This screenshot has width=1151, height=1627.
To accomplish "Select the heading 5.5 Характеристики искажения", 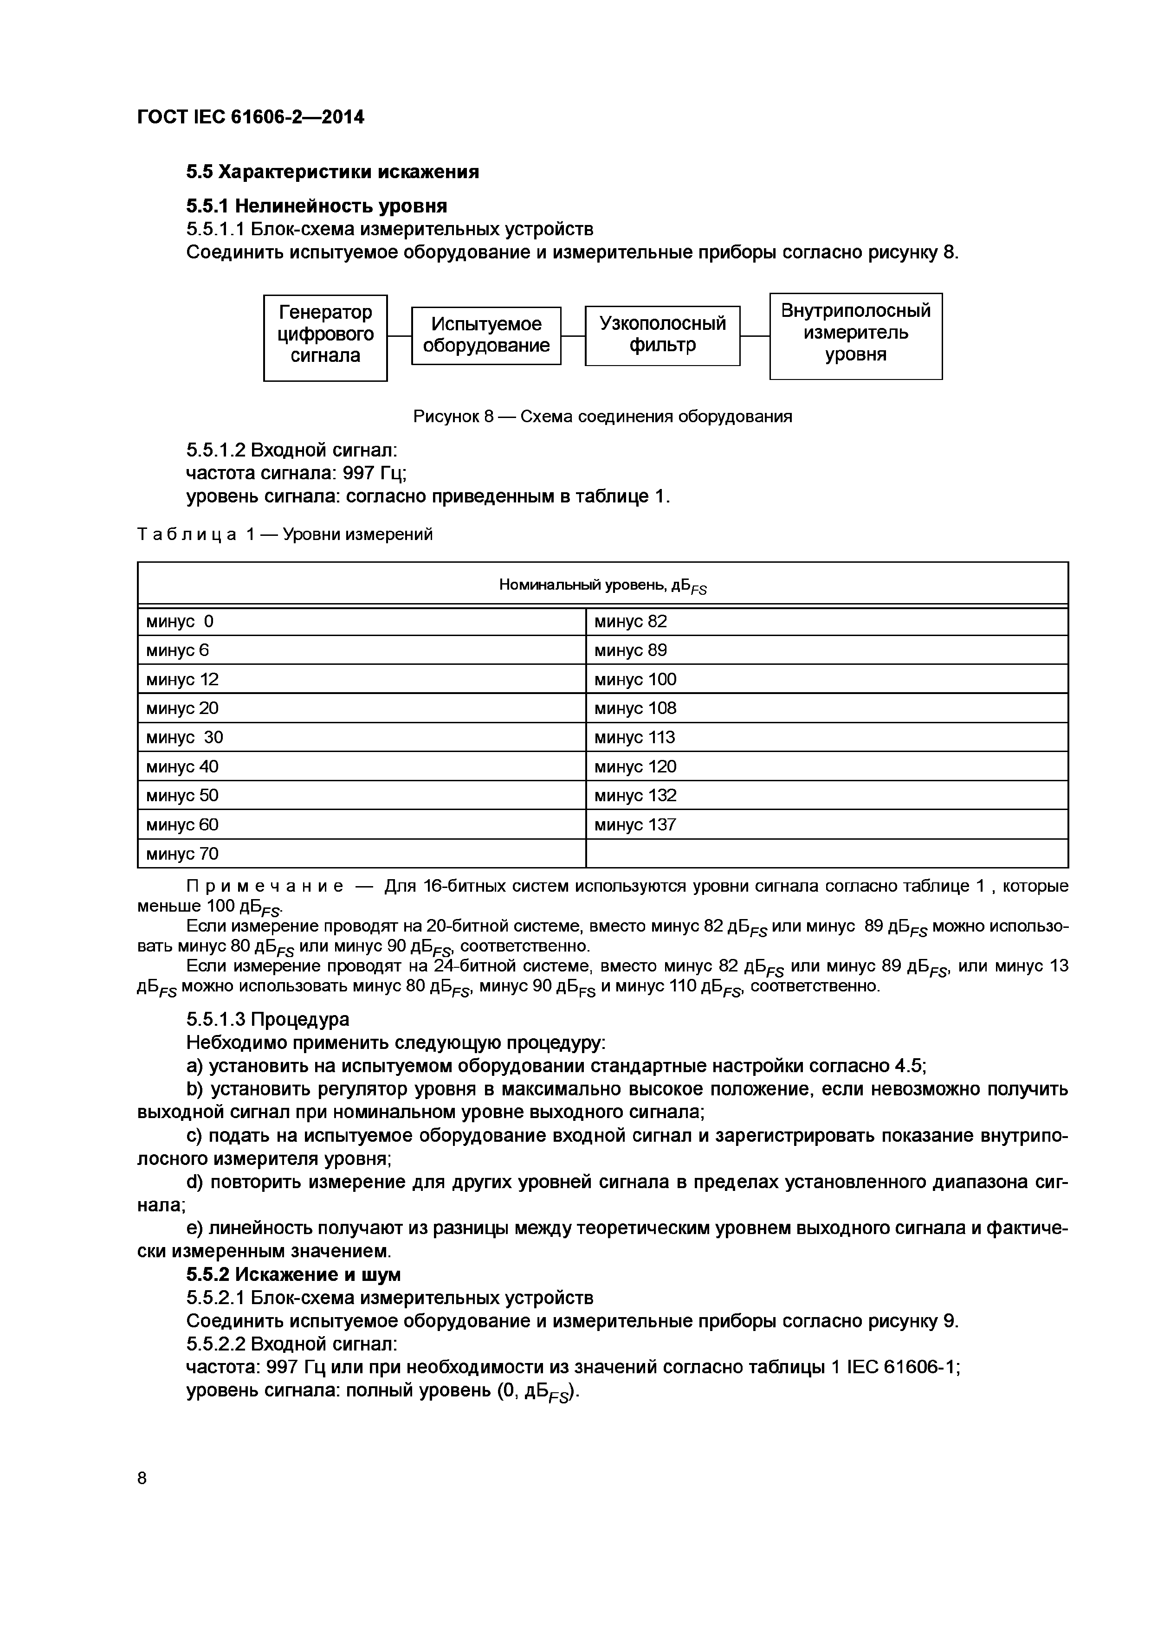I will (x=332, y=172).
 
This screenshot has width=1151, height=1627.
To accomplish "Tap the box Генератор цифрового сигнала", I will (x=325, y=338).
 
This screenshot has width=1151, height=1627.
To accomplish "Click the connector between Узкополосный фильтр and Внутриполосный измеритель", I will (x=755, y=336).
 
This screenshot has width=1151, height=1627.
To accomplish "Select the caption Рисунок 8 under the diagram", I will (x=602, y=417).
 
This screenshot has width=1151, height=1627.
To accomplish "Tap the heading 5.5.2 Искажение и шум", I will (x=293, y=1275).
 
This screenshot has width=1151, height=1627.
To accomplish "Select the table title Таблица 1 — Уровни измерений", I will (x=285, y=534).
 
